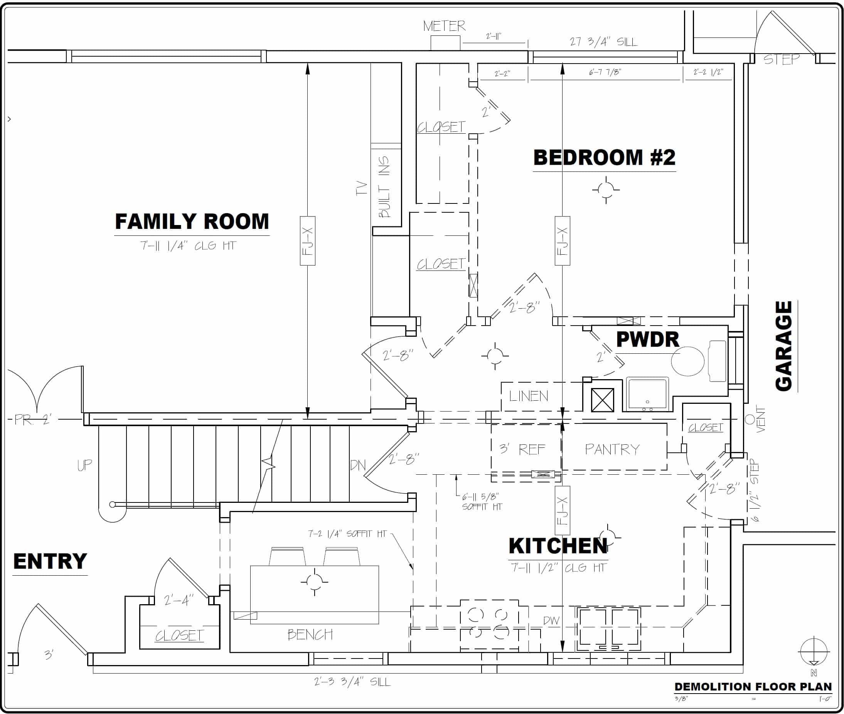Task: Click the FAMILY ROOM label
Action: [192, 222]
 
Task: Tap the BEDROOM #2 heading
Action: [604, 158]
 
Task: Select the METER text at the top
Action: [444, 26]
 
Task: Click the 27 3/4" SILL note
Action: [603, 42]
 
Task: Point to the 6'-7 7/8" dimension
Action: [605, 72]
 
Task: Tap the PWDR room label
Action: [647, 339]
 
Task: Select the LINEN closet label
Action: [529, 396]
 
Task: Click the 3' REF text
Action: [522, 449]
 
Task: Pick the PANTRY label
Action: [612, 449]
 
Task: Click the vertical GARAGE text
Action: [783, 346]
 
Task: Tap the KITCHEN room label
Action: [558, 546]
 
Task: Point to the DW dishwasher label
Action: [551, 620]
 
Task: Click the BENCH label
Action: [310, 634]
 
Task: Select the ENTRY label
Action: [50, 561]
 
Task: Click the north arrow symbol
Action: [814, 652]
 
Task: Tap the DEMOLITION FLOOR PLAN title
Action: [753, 687]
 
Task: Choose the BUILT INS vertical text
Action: [384, 186]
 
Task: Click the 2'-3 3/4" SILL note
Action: [352, 682]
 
